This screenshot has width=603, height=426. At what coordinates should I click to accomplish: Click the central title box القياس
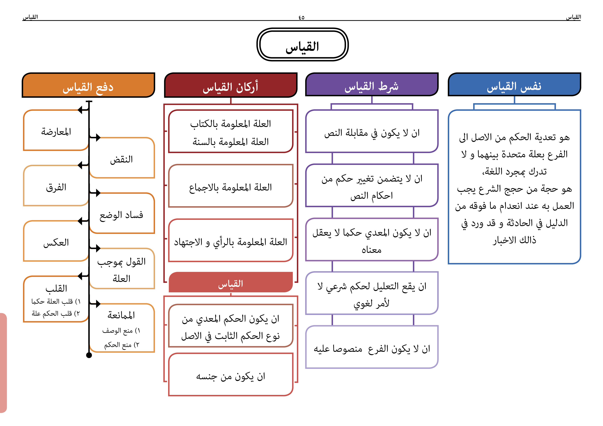[x=302, y=45]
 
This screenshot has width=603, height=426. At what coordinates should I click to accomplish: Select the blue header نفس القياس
[x=514, y=85]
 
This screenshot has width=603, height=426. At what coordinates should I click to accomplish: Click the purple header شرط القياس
[x=372, y=85]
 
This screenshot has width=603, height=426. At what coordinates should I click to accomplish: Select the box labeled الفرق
[x=56, y=186]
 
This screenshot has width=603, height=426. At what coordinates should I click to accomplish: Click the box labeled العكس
[x=56, y=241]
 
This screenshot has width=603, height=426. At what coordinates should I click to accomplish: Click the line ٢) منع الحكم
[x=122, y=345]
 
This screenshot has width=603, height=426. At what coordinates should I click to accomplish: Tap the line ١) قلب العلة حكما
[x=56, y=301]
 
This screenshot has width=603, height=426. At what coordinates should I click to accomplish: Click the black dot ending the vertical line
[x=89, y=355]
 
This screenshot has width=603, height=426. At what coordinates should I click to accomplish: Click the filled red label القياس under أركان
[x=231, y=282]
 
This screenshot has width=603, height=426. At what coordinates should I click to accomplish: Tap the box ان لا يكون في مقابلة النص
[x=372, y=131]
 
